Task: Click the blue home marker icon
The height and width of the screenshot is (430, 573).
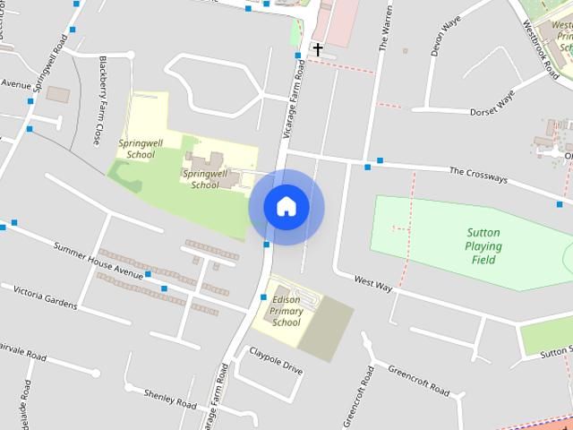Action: (x=286, y=207)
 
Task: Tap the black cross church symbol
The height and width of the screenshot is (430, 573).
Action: (x=317, y=48)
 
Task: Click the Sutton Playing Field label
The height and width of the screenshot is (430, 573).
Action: (x=483, y=246)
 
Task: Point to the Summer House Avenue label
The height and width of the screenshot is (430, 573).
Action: (x=98, y=260)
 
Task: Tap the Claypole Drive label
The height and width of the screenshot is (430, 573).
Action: (x=276, y=360)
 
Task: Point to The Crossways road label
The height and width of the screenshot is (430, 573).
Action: (x=478, y=174)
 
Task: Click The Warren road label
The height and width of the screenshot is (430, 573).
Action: (x=387, y=31)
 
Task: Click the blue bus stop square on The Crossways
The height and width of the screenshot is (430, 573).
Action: (x=380, y=161)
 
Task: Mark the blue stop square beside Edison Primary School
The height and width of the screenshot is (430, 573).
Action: (x=263, y=297)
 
